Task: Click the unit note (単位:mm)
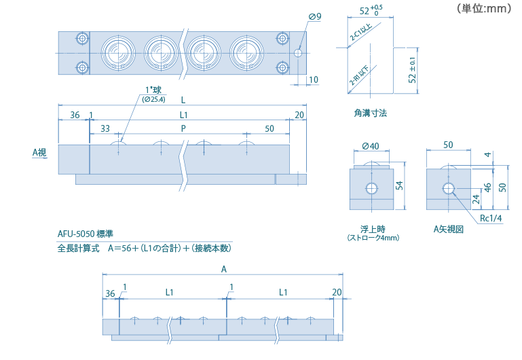483,9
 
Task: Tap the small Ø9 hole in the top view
298,52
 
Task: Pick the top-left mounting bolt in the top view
81,38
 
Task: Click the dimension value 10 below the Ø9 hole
313,79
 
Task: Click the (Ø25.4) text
153,100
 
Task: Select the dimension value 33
105,128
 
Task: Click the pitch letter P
183,128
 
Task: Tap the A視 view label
39,153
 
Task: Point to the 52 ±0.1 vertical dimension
412,70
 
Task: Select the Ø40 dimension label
370,145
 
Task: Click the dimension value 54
400,185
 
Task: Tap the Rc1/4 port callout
490,218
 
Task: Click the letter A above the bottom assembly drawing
224,269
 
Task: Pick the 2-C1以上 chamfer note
360,39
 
